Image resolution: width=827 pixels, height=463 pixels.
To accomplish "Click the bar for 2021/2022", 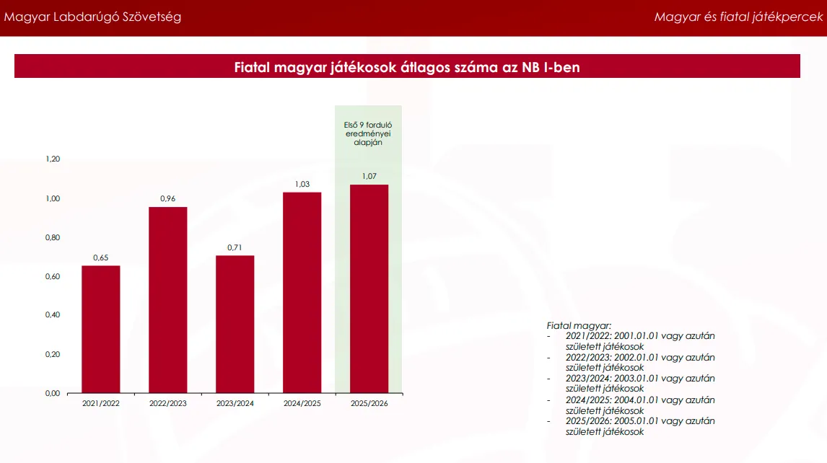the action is pos(101,329).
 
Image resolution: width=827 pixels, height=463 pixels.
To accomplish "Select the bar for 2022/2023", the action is pos(167,300).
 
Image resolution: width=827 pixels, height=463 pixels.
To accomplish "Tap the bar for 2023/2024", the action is pos(235,325).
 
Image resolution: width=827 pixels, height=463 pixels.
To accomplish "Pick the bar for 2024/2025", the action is pos(302,293).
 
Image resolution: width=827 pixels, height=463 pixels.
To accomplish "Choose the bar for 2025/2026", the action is pos(369,289).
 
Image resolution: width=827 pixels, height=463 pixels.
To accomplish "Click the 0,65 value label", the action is pos(101,258).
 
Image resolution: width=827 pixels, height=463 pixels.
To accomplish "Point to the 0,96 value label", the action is pos(167,199).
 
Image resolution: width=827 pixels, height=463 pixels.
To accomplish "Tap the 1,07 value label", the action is pos(369,176).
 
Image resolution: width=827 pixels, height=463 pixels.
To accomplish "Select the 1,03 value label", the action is pos(302,184).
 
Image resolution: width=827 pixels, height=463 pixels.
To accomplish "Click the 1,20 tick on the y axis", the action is pos(53,159).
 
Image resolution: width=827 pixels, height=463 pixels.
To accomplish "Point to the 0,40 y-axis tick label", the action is pos(53,315).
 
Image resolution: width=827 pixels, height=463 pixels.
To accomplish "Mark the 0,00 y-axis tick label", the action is pos(53,393).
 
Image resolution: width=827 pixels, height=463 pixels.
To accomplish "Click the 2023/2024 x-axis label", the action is pos(235,403).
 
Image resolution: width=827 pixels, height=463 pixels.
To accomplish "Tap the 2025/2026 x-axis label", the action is pos(369,403).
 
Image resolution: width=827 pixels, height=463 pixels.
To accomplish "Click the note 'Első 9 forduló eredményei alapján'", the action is pos(368,134).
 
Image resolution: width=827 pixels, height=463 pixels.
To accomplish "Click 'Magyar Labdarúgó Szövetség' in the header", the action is pos(92,17).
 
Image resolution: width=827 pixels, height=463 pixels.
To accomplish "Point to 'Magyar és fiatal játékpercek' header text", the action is pos(738,17).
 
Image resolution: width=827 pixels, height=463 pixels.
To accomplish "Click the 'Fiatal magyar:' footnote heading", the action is pos(579,326).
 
